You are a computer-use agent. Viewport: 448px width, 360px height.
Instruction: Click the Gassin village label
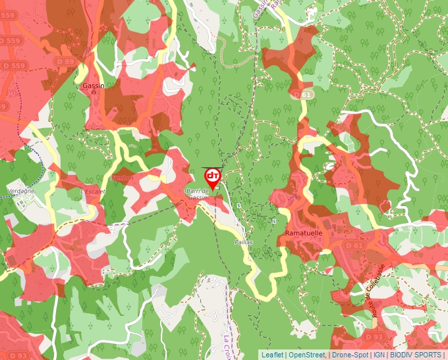(94, 86)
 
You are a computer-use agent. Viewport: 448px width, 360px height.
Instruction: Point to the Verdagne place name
(20, 190)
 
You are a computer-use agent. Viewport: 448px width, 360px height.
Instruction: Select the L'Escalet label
(93, 192)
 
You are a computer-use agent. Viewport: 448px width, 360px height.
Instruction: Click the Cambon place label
(123, 178)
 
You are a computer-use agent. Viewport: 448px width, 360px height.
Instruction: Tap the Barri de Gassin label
(197, 194)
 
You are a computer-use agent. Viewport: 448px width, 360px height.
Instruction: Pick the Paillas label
(243, 242)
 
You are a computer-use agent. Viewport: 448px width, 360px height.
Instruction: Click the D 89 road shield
(66, 62)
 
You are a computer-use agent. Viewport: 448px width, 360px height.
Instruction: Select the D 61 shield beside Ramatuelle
(354, 245)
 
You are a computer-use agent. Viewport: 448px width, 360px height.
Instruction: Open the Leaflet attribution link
(273, 355)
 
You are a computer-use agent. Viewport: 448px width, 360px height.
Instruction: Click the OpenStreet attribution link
(306, 355)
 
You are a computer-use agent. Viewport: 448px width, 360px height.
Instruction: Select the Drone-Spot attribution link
(350, 355)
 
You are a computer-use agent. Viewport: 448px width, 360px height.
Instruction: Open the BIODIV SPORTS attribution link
(416, 355)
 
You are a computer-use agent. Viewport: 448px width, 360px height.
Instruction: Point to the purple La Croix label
(228, 345)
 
